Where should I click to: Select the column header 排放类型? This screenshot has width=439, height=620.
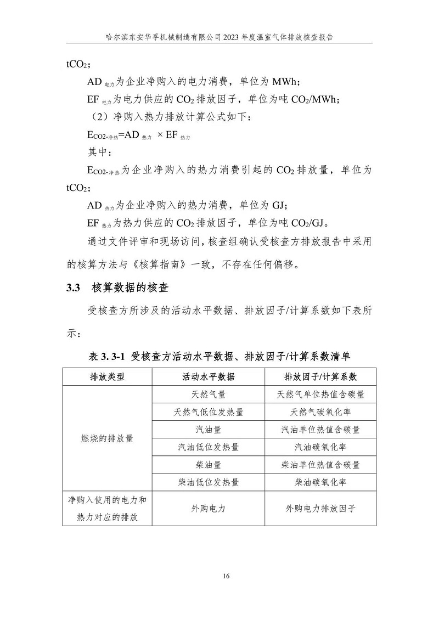point(107,377)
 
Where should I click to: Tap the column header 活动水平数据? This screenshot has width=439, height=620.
point(208,377)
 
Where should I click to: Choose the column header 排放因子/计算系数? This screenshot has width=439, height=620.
point(320,377)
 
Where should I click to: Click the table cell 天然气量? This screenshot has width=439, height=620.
point(208,394)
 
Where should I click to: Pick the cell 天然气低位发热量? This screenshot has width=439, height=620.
point(208,412)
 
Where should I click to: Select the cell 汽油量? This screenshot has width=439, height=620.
point(208,429)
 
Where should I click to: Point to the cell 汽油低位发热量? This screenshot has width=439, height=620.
point(208,447)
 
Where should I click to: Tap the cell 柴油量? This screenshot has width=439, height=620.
point(208,464)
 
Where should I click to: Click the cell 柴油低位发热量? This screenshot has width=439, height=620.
point(208,482)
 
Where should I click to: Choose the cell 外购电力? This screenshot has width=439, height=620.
point(208,508)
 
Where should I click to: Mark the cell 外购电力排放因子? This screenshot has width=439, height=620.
point(320,508)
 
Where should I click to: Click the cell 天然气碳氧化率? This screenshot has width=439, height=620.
point(320,412)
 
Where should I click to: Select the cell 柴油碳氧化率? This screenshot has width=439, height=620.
point(320,482)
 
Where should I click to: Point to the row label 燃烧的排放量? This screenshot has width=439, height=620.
point(107,438)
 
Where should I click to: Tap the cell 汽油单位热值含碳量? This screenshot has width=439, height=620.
point(320,429)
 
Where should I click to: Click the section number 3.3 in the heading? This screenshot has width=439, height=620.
point(73,288)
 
